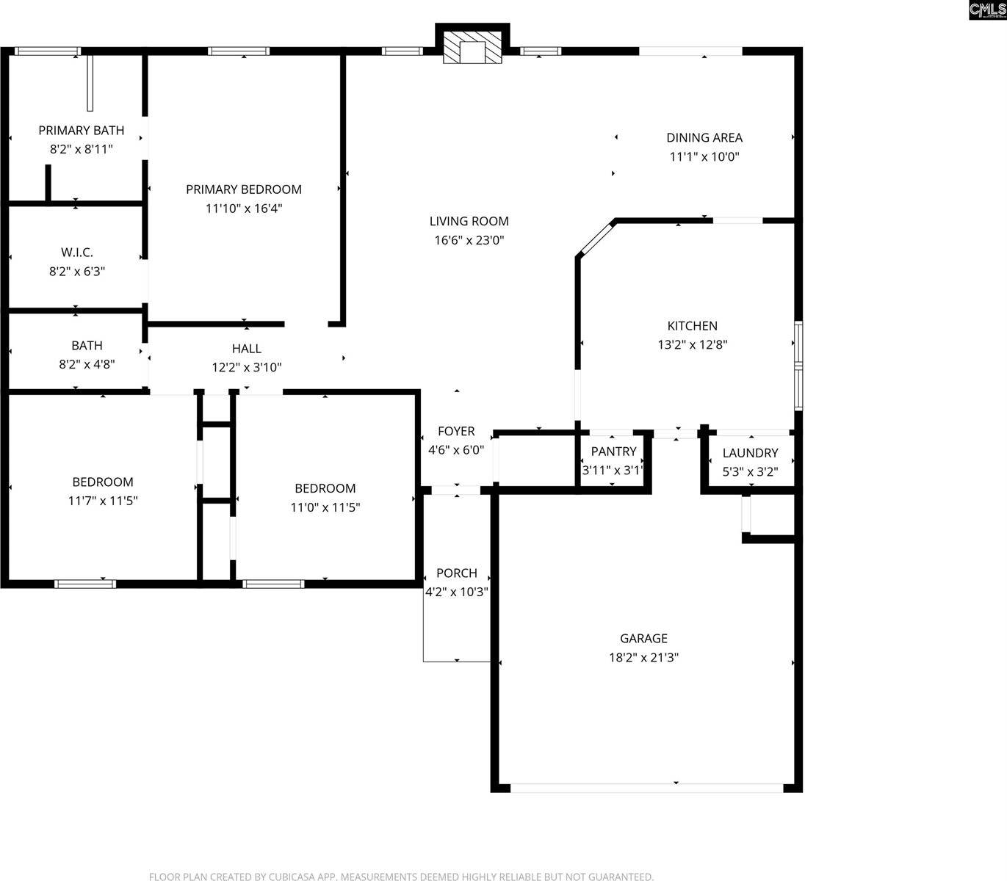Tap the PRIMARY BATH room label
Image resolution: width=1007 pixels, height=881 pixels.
coord(81,131)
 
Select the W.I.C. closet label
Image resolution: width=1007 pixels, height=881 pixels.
coord(77,253)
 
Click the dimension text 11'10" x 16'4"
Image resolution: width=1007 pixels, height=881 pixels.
coord(244,209)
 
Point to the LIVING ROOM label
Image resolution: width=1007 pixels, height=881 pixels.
coord(469,221)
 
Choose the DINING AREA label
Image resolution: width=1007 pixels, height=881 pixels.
coord(704,137)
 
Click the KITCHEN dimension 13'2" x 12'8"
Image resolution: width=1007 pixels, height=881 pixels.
coord(692,345)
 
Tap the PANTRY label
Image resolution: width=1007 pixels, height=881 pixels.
coord(613,452)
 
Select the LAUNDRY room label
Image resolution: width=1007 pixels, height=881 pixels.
coord(750,453)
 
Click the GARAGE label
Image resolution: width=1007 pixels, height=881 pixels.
coord(643,639)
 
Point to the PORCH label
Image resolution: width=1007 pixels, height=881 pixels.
coord(456,573)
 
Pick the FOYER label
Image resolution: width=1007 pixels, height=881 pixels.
coord(456,431)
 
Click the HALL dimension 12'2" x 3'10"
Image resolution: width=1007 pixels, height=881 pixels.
coord(247,368)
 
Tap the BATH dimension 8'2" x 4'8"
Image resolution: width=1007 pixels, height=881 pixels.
coord(87,364)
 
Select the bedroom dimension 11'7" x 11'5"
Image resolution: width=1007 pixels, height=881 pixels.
coord(103,501)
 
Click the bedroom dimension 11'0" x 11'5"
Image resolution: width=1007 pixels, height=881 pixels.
coord(325,507)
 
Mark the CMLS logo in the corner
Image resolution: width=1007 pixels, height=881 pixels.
coord(987,10)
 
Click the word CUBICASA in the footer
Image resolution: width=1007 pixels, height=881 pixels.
coord(299,877)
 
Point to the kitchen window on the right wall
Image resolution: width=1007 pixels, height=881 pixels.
coord(798,364)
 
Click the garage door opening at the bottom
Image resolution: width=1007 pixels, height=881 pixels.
coord(646,788)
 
